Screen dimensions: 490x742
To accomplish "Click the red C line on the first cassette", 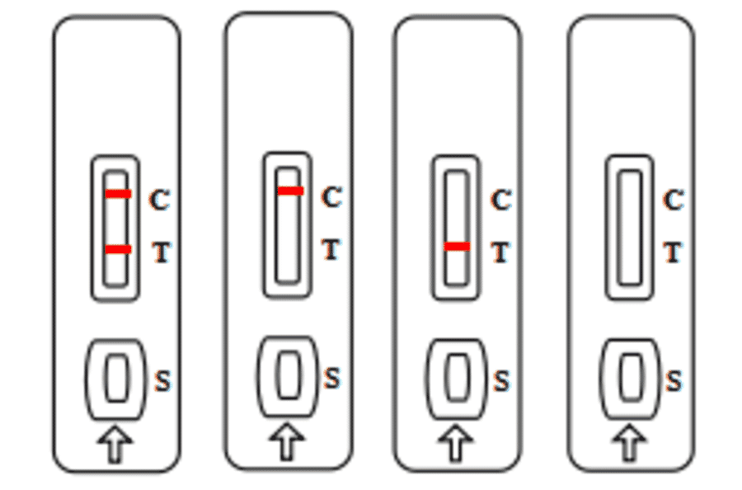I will tap(117, 194).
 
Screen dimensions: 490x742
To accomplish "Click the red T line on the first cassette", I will tap(117, 249).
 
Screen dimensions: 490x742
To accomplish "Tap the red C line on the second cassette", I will tap(289, 191).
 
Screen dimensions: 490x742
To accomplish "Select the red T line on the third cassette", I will tap(456, 246).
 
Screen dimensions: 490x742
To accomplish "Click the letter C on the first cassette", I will tap(159, 200).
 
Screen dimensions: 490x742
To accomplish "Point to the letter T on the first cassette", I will tap(161, 252).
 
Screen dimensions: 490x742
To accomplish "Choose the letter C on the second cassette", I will tap(331, 197).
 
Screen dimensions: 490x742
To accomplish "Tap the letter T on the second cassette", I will tap(331, 249).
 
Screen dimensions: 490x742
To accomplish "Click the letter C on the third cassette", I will tap(500, 200).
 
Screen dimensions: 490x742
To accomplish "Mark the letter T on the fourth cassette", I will tap(674, 252).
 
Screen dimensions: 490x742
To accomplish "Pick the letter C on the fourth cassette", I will tap(674, 200).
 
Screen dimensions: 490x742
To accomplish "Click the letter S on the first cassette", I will tap(162, 381).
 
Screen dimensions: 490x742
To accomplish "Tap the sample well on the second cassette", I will tap(288, 375).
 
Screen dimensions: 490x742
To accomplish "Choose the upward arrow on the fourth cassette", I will tap(630, 443).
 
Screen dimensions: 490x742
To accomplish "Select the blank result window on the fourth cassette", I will tap(631, 227).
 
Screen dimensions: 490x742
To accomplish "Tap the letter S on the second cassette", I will tap(331, 379).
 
